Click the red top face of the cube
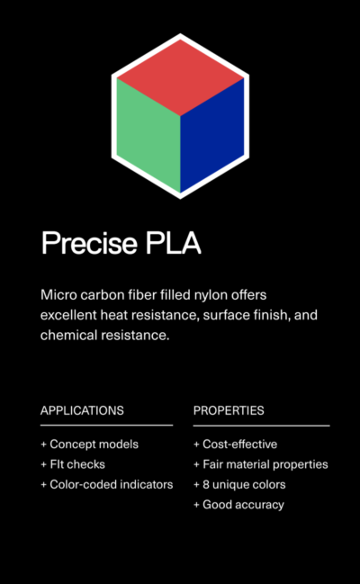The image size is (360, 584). click(x=180, y=77)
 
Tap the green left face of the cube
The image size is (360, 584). click(x=148, y=135)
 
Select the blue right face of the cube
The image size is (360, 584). click(x=212, y=135)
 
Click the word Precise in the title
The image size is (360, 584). click(x=89, y=243)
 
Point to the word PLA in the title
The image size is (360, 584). click(x=174, y=243)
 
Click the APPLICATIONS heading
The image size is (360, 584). click(x=82, y=410)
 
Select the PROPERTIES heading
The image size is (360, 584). click(x=229, y=410)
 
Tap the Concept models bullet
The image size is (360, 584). click(x=89, y=444)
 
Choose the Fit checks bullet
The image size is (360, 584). click(x=73, y=464)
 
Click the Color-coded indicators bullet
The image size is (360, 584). click(x=107, y=484)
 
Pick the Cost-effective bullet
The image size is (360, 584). click(x=236, y=444)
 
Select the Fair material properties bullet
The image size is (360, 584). click(x=261, y=464)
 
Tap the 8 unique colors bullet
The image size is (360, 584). click(x=239, y=484)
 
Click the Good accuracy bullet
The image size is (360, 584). click(x=238, y=505)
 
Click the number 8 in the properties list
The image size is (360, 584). click(x=206, y=484)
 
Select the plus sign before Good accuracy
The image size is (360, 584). click(x=197, y=505)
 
